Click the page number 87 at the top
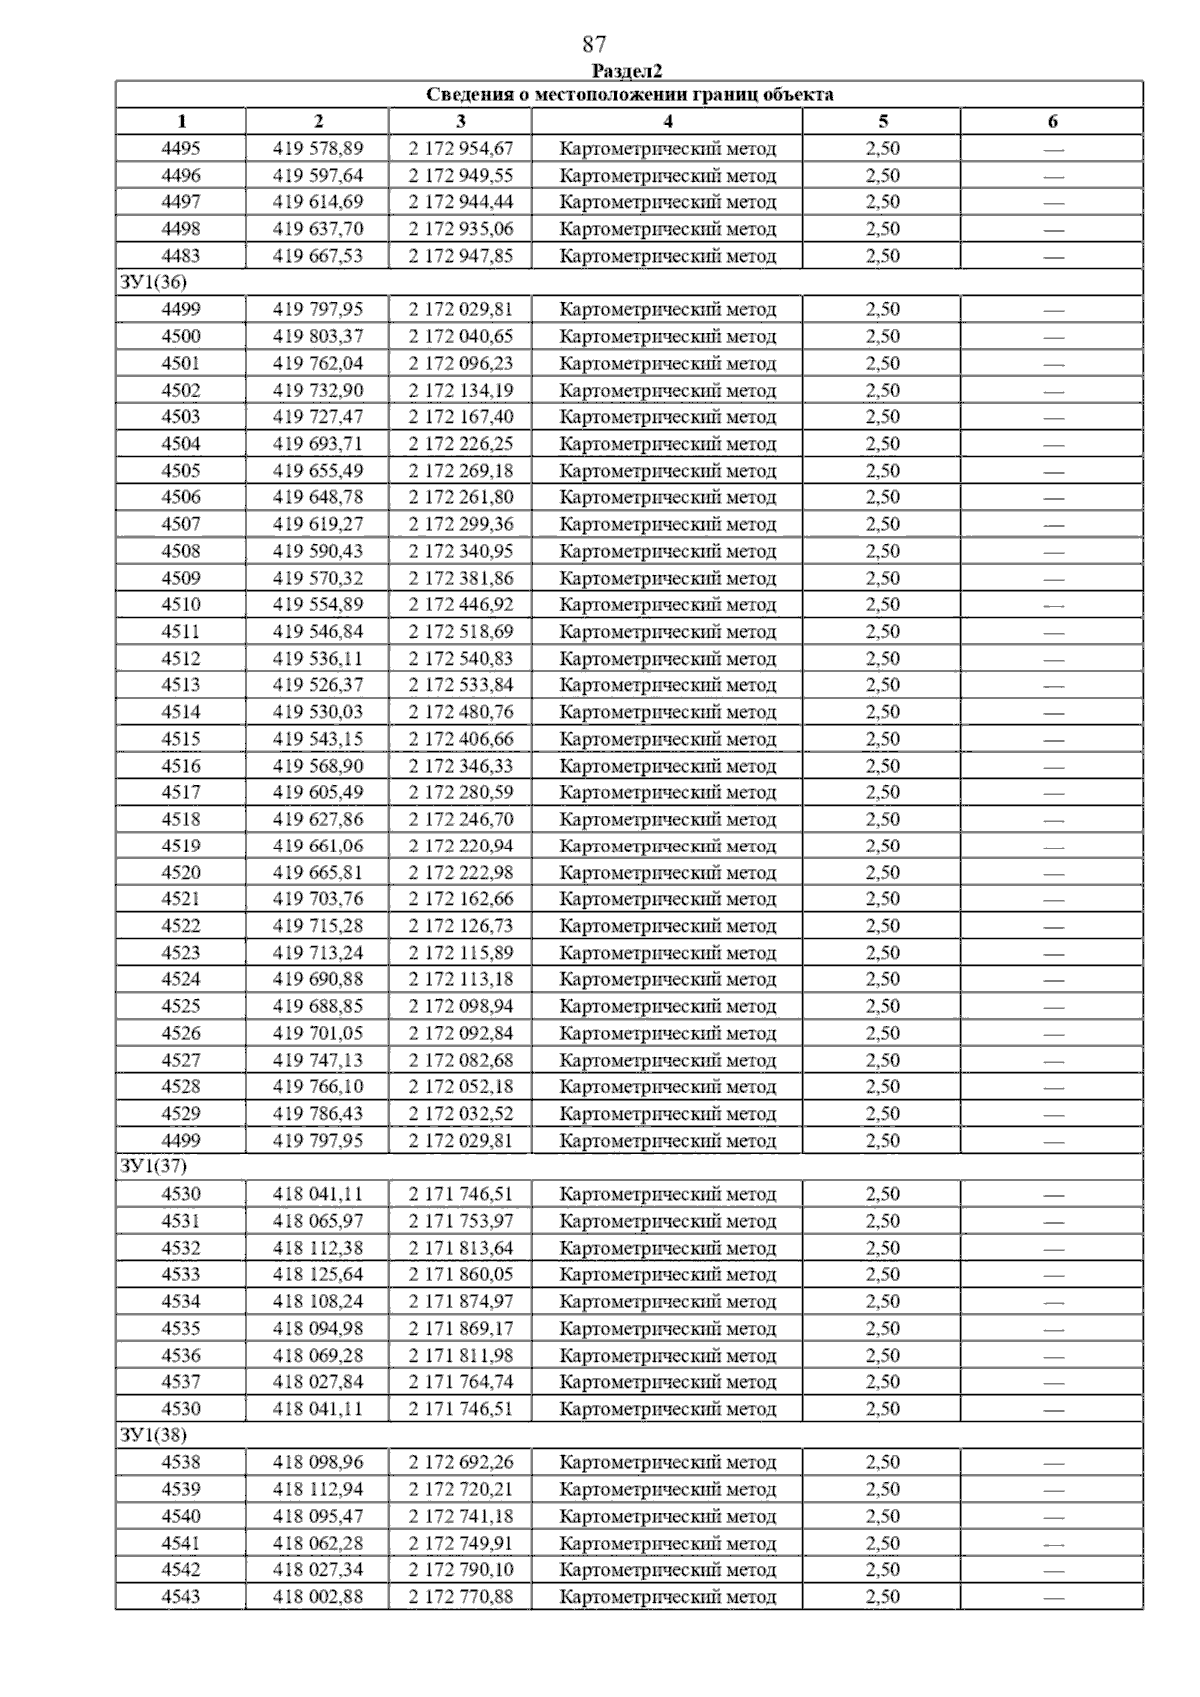pyautogui.click(x=594, y=44)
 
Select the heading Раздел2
pyautogui.click(x=627, y=71)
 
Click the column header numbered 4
pyautogui.click(x=667, y=122)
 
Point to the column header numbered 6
pyautogui.click(x=1052, y=122)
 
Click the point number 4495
pyautogui.click(x=181, y=149)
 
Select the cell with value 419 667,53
pyautogui.click(x=318, y=256)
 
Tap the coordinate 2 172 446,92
pyautogui.click(x=460, y=605)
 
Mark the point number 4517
pyautogui.click(x=181, y=793)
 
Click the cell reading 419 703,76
pyautogui.click(x=318, y=899)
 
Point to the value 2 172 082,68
pyautogui.click(x=460, y=1060)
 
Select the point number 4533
pyautogui.click(x=181, y=1275)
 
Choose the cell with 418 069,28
pyautogui.click(x=318, y=1356)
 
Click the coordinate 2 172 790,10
pyautogui.click(x=460, y=1570)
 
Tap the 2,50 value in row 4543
pyautogui.click(x=882, y=1597)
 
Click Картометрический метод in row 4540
pyautogui.click(x=667, y=1517)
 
